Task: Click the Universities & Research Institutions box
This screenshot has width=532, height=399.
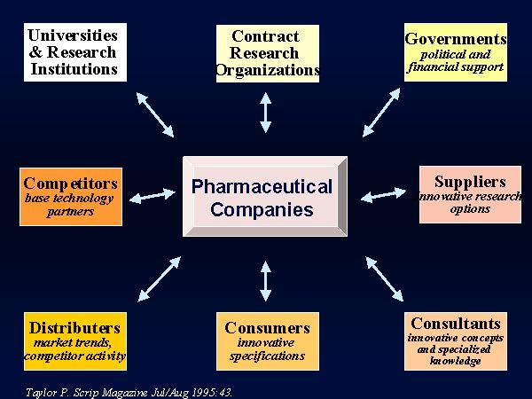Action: point(75,52)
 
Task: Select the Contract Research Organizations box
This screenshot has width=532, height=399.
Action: point(268,53)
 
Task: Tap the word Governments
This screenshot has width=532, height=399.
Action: point(456,39)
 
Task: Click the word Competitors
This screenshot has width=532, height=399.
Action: point(71,184)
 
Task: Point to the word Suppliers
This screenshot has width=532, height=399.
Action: point(470,182)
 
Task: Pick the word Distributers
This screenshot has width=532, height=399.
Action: point(75,328)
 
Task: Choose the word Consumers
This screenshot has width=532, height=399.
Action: point(268,328)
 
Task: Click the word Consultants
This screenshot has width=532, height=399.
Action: point(456,324)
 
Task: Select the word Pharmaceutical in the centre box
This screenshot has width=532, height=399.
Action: point(262,186)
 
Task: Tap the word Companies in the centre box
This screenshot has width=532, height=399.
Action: point(262,209)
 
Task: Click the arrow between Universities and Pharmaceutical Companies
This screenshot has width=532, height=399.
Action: point(155,114)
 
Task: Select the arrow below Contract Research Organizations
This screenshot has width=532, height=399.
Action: point(266,113)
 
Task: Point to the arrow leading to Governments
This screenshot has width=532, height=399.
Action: point(381,113)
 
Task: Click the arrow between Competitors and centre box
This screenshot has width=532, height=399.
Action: point(153,196)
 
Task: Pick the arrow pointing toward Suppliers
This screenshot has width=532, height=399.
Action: point(383,195)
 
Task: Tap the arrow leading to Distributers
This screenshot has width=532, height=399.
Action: point(159,279)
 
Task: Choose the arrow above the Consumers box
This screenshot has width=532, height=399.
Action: point(266,281)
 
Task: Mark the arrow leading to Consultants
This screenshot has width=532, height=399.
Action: point(385,279)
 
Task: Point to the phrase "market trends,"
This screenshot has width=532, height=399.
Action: point(73,342)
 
